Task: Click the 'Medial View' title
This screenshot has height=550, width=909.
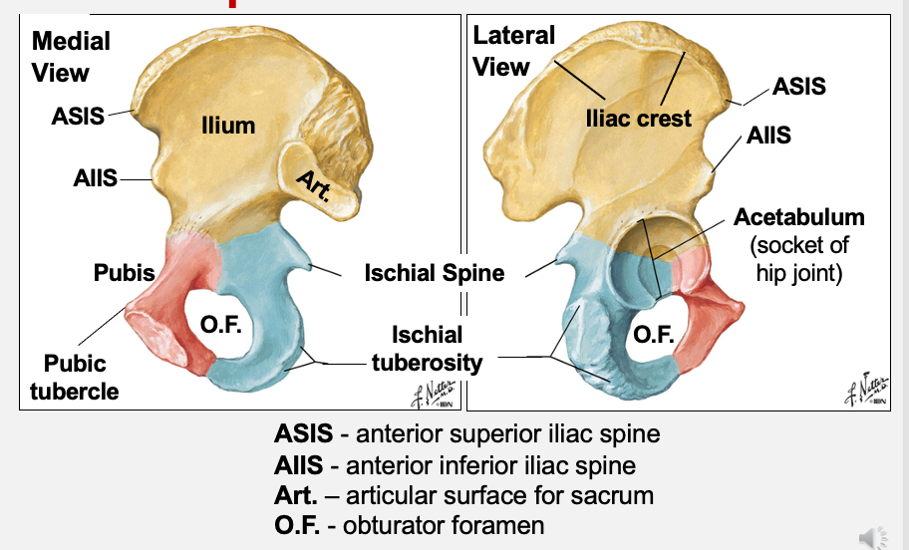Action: (71, 57)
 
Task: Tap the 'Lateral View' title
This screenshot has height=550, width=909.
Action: (513, 52)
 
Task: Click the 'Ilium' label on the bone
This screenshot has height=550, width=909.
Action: (228, 126)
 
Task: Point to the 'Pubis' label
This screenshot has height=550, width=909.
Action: (125, 272)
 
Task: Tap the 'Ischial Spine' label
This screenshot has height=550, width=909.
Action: (435, 272)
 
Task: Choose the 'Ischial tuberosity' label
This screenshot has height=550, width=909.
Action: (427, 349)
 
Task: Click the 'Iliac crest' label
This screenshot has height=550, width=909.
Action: (638, 119)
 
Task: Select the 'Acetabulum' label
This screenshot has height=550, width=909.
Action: (799, 217)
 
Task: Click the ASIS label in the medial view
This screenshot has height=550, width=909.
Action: (78, 116)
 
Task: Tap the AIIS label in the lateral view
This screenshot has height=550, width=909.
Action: (768, 136)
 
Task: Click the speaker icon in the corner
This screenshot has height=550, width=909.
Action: (872, 537)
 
